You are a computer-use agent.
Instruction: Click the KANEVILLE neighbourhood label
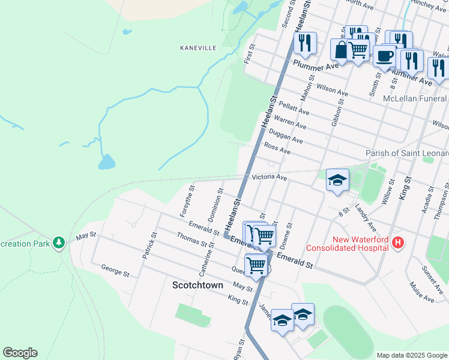coord(197,47)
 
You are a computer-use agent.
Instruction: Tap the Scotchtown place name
coord(197,285)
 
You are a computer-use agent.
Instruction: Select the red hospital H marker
coord(397,243)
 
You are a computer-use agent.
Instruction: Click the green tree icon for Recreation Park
coord(58,242)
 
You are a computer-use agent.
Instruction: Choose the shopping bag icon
coord(341,49)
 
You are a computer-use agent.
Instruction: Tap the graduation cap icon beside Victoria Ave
coord(337,179)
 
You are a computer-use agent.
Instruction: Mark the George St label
coord(115,271)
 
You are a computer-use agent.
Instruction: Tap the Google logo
coord(20,352)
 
